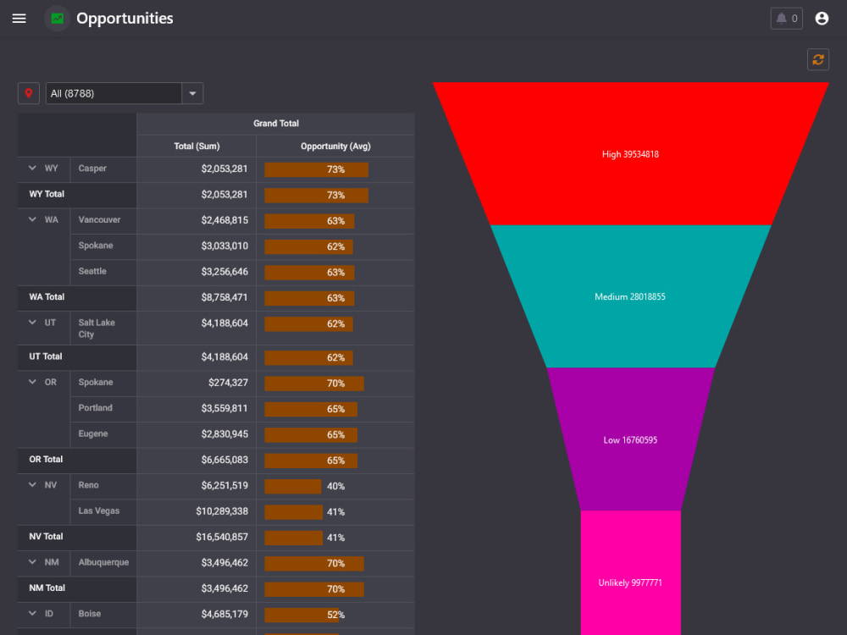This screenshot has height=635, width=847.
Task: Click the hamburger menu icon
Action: coord(19,19)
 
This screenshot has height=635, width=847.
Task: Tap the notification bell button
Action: coord(786,19)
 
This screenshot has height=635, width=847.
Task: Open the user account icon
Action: coord(822,19)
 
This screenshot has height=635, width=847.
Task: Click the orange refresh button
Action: coord(818,59)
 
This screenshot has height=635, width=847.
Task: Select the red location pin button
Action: coord(29,93)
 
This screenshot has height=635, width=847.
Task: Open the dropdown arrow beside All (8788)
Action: coord(192,93)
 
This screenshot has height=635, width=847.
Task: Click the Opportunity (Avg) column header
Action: coord(335,146)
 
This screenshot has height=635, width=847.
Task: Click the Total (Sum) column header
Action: coord(197,146)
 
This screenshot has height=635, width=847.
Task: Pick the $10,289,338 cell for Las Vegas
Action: coord(222,511)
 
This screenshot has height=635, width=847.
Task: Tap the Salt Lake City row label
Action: coord(97,329)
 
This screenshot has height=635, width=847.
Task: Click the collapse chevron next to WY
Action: coord(32,168)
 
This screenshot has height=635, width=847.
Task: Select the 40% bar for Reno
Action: coord(293,487)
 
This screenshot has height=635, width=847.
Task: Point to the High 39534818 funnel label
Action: coord(630,154)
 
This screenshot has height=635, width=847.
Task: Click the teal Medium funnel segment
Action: coord(630,296)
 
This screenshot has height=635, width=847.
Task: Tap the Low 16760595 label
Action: coord(630,440)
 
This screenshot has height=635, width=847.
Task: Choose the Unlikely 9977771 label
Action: coord(630,583)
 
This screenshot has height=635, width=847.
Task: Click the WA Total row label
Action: coord(47,297)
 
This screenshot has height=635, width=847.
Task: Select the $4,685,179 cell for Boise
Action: coord(224,614)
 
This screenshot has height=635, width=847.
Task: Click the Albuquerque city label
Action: coord(103,562)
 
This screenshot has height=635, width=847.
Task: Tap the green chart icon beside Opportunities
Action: coord(58,19)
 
